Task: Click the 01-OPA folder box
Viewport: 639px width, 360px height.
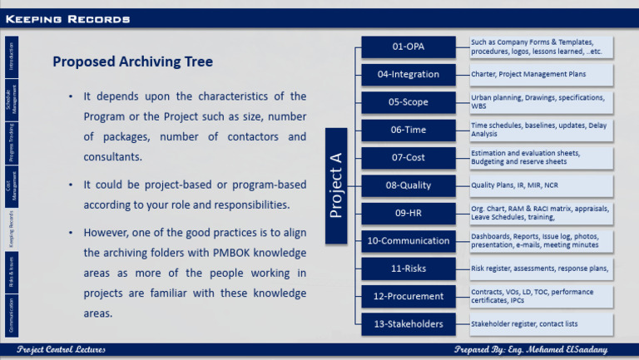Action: point(409,47)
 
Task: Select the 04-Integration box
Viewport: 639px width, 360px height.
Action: point(409,75)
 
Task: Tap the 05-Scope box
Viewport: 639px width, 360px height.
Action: point(409,102)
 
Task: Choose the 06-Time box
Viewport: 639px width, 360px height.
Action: point(409,131)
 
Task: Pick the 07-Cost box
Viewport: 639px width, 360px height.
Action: point(409,158)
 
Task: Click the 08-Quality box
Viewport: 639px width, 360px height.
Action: point(409,185)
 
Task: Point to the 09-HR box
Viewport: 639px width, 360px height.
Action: point(409,213)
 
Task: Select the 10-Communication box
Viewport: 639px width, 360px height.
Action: point(409,241)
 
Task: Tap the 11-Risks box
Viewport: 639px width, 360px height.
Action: point(409,269)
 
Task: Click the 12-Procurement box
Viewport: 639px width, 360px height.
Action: point(409,296)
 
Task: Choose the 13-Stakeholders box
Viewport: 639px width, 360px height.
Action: point(409,323)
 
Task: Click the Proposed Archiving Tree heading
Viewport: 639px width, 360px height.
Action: point(132,62)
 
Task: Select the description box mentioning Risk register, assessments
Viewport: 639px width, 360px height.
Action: point(541,269)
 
